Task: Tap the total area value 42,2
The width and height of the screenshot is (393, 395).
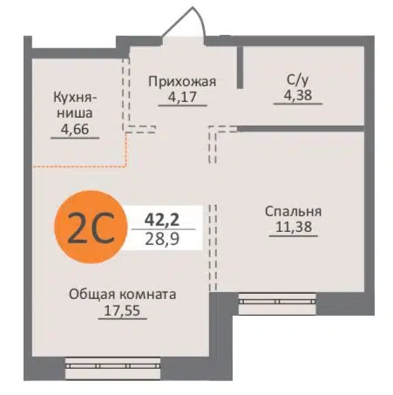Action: click(x=162, y=217)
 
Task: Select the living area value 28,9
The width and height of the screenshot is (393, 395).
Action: click(x=162, y=237)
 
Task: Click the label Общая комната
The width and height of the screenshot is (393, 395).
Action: click(x=123, y=295)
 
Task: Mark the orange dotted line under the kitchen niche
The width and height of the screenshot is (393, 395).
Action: click(x=78, y=164)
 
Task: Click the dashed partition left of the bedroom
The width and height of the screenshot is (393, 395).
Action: click(x=211, y=244)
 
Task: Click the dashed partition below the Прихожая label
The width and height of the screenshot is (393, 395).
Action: click(x=139, y=130)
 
